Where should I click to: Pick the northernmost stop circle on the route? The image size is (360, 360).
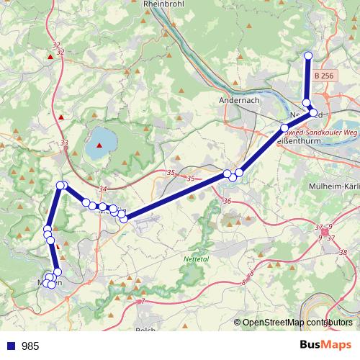[309, 55]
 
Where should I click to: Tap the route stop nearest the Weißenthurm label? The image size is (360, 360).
[284, 128]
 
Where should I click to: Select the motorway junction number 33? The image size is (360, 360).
[64, 143]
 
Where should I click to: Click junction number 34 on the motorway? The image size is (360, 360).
[102, 189]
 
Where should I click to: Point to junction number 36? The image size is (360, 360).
[228, 201]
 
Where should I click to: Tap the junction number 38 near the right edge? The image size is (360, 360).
[343, 252]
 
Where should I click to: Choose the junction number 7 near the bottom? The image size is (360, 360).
[143, 301]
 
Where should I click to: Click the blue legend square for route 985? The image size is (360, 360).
[12, 346]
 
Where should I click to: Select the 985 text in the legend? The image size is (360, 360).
[31, 346]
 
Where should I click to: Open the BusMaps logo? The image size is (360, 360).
[325, 345]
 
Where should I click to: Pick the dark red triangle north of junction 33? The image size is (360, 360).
[61, 117]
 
